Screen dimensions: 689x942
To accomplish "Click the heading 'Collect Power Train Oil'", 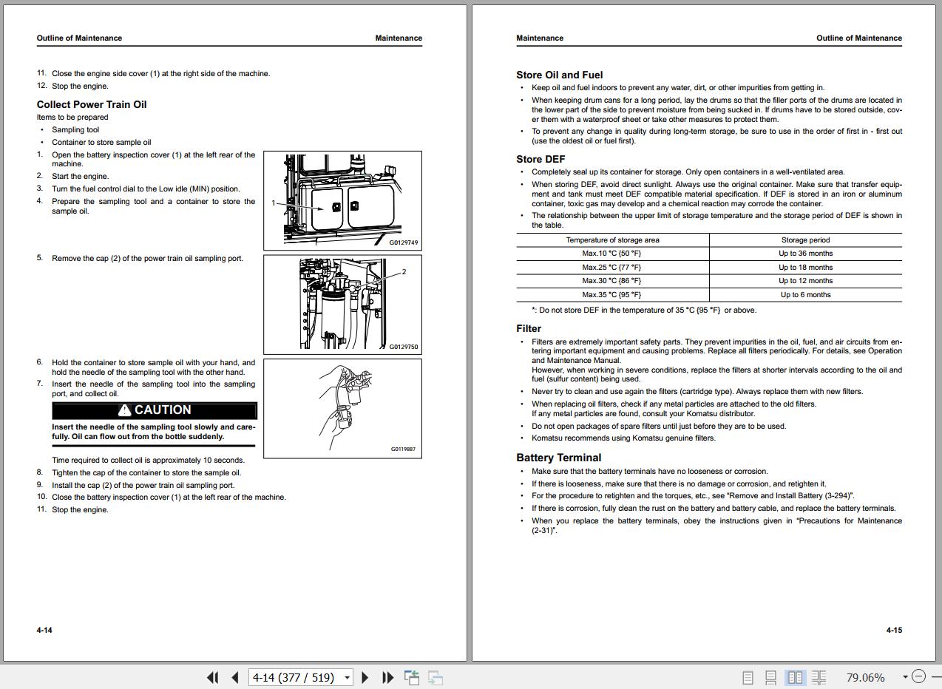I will [x=92, y=104].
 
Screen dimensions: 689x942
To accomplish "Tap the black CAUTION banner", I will [x=155, y=410].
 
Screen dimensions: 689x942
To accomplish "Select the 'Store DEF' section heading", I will [x=541, y=159].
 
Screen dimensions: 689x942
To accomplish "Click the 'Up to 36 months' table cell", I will [x=805, y=254].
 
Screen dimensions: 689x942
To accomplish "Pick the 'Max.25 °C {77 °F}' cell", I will [x=611, y=268].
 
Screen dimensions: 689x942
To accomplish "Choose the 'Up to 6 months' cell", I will [x=805, y=295].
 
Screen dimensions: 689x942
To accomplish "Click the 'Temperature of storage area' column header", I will [x=612, y=240].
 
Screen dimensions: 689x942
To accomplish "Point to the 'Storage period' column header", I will [x=805, y=240].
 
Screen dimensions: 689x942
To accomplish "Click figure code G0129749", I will [x=404, y=242].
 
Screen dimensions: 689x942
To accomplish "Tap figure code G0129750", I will [x=404, y=347].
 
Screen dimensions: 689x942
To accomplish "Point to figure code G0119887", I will [x=403, y=449].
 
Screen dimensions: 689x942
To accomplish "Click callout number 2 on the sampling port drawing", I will [x=404, y=271].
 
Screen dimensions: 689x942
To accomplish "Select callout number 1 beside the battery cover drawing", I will [x=274, y=203].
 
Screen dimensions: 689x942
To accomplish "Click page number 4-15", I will [x=894, y=631].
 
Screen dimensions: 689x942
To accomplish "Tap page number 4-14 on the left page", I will [x=44, y=631].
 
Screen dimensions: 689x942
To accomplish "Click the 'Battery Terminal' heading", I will [x=558, y=458].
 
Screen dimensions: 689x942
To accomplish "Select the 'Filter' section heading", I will [x=529, y=328].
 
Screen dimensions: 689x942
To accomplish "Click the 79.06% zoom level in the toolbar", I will [x=865, y=677].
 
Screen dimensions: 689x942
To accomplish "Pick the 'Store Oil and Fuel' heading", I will [x=559, y=75].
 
